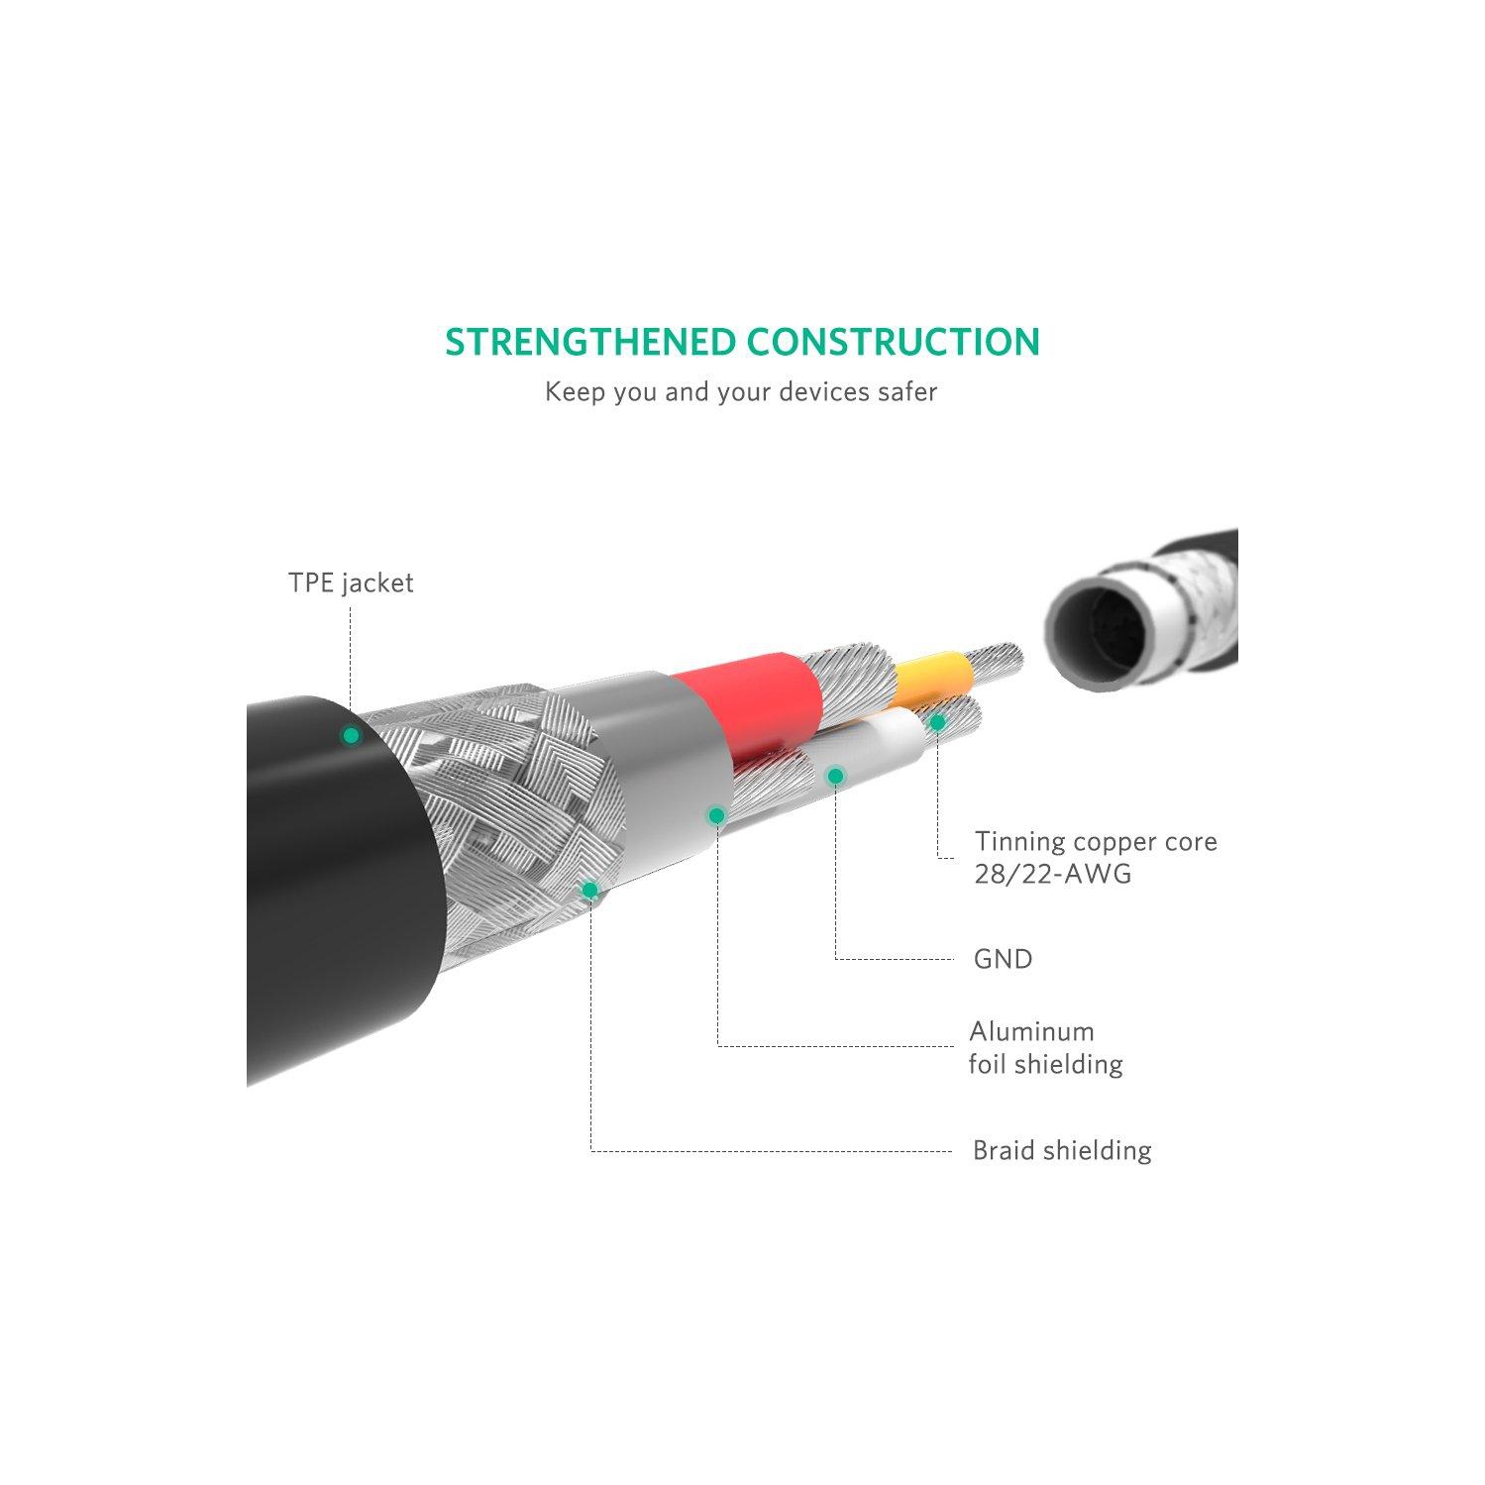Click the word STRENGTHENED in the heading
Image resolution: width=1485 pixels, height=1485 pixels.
tap(591, 343)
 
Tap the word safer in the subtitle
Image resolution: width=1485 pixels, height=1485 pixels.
tap(906, 392)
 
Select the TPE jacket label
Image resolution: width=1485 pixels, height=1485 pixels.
tap(351, 583)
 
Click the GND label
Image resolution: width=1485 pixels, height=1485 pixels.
tap(1003, 959)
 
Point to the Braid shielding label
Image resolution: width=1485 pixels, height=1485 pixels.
tap(1062, 1150)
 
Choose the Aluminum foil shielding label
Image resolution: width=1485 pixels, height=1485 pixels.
tap(1045, 1047)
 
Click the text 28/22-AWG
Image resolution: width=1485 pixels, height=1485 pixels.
tap(1052, 874)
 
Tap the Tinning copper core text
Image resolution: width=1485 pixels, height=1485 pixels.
tap(1096, 841)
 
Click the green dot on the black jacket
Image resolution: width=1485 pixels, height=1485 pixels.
tap(351, 736)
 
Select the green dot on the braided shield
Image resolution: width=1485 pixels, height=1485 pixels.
tap(589, 890)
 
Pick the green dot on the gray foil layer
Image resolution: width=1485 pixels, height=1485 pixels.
tap(716, 815)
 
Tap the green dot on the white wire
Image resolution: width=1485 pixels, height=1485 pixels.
tap(835, 776)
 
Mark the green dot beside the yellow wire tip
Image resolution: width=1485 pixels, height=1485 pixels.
tap(937, 722)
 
